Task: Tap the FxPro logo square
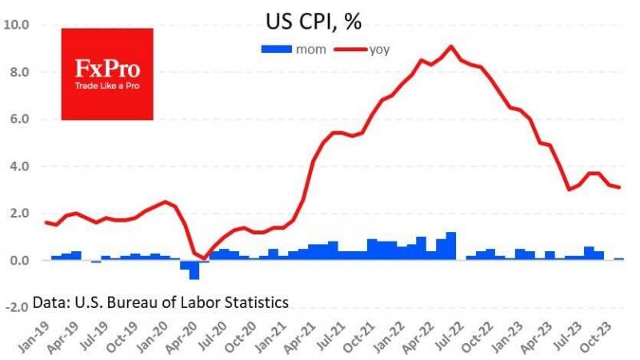[x=107, y=74]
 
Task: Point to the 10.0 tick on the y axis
[x=18, y=25]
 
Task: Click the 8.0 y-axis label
[x=19, y=72]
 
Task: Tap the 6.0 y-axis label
[x=19, y=119]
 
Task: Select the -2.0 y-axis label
[x=18, y=308]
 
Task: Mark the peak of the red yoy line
[x=452, y=46]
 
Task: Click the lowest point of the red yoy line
[x=204, y=258]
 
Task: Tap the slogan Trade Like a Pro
[x=107, y=86]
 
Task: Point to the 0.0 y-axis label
[x=19, y=261]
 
